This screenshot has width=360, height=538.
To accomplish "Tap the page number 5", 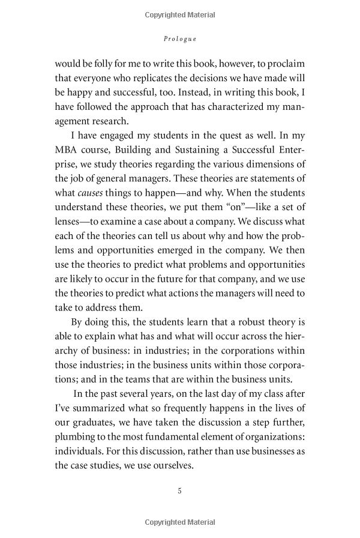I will pyautogui.click(x=179, y=491).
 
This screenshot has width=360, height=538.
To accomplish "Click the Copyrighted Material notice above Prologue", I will pyautogui.click(x=180, y=13).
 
